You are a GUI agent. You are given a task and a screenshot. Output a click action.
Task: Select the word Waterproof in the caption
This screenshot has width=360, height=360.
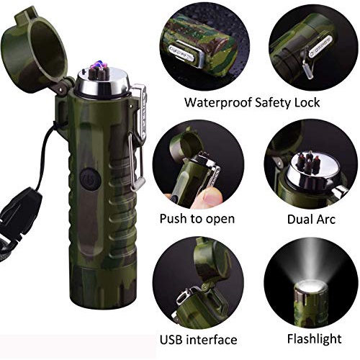[x=218, y=102]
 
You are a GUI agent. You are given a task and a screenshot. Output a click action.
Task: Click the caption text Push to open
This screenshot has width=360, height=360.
[x=197, y=219]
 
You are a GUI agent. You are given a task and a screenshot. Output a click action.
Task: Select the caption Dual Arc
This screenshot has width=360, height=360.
[x=311, y=219]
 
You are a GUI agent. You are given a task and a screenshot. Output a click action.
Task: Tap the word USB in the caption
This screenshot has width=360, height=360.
[x=171, y=340]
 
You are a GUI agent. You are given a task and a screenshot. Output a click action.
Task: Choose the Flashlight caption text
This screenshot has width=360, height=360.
[x=315, y=339]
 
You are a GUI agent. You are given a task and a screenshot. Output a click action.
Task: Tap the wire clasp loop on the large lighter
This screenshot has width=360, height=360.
[x=136, y=163]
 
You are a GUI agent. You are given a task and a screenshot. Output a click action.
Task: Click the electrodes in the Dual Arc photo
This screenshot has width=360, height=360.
[x=308, y=163]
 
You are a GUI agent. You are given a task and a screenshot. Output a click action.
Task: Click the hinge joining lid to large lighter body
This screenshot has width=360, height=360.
[x=63, y=89]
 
